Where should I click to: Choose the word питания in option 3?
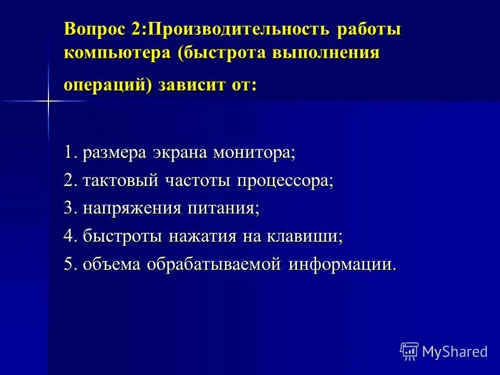click(x=230, y=208)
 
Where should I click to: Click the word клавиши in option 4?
click(x=305, y=236)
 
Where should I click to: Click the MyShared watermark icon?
click(x=409, y=351)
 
